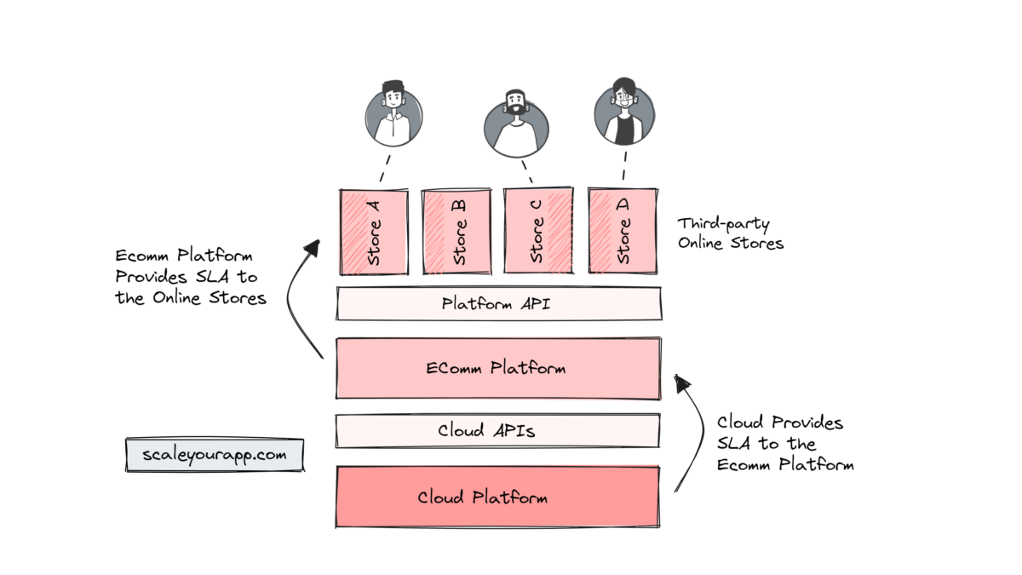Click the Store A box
373,232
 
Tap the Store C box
538,232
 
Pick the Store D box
623,232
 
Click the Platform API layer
498,303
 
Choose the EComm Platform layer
498,368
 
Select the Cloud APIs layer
498,430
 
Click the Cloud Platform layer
498,497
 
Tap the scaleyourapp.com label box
214,455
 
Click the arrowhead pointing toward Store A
312,247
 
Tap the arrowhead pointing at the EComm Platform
682,382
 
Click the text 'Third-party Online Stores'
730,233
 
